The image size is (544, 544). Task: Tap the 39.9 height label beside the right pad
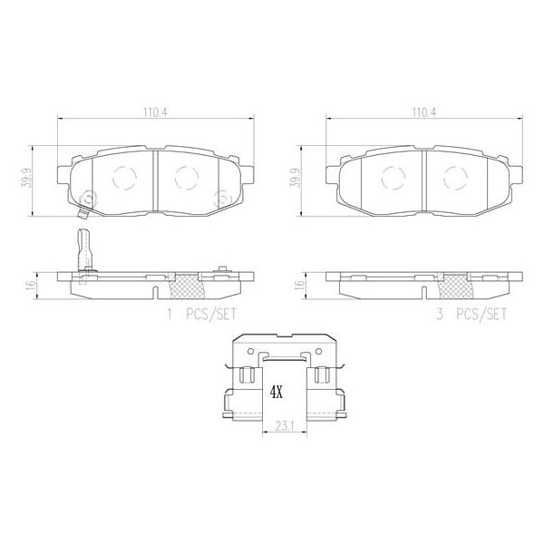coord(296,179)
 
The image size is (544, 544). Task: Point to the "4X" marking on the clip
coord(277,393)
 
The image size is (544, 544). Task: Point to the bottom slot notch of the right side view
coord(426,292)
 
